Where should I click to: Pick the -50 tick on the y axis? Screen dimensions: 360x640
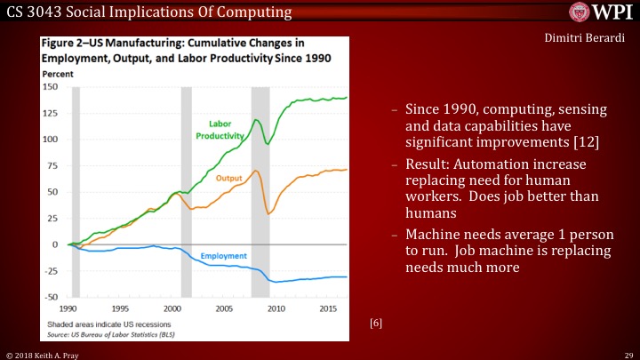click(52, 297)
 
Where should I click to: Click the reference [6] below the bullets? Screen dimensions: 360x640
click(376, 324)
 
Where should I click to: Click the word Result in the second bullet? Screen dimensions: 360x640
click(425, 166)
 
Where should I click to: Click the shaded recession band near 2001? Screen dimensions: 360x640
click(186, 191)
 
